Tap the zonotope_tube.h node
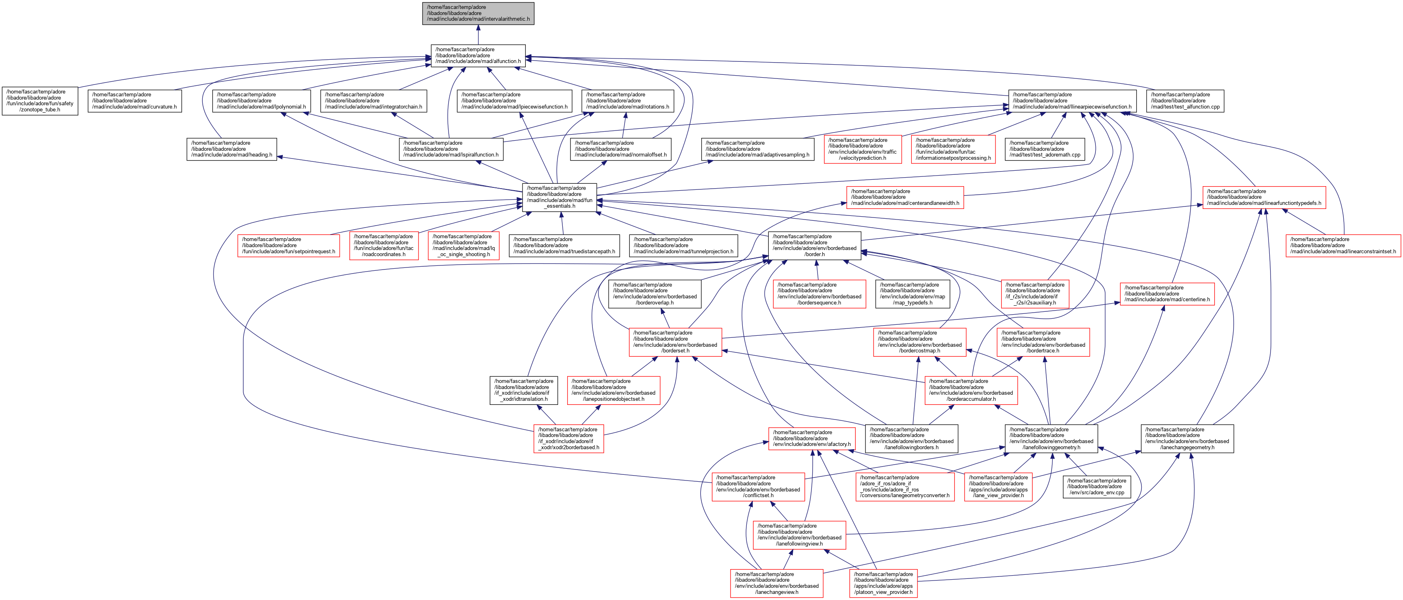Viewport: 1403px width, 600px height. (x=40, y=101)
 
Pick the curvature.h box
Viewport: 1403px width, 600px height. (x=134, y=101)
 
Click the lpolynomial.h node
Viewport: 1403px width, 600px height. (x=261, y=101)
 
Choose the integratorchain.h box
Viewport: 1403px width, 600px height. (x=373, y=101)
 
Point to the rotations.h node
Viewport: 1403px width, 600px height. (x=627, y=101)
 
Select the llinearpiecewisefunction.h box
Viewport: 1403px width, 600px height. (x=1072, y=101)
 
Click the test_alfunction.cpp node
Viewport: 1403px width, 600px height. (x=1185, y=101)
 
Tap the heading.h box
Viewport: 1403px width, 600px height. (x=232, y=149)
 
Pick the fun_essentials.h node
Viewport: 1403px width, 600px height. (x=559, y=197)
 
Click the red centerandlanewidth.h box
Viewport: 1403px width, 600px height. (x=904, y=197)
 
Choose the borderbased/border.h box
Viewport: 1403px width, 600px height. (x=814, y=245)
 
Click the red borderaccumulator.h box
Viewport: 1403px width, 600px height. (x=971, y=390)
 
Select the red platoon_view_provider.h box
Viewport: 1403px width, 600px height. (x=883, y=583)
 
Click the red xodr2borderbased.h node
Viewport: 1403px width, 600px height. (x=568, y=439)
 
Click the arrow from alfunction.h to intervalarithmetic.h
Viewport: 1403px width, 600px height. (x=478, y=35)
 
